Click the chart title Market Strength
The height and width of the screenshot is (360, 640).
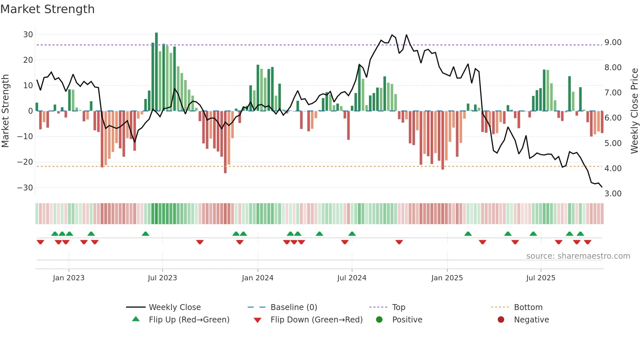coord(47,9)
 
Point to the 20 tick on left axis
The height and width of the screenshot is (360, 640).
coord(28,60)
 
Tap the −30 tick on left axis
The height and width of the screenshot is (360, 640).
coord(25,188)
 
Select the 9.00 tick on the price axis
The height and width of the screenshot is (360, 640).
coord(613,42)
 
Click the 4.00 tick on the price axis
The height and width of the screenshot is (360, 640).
coord(613,169)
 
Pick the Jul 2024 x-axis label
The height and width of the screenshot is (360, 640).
coord(352,278)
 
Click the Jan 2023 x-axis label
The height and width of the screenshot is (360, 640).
coord(69,278)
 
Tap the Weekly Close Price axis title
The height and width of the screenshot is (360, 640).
coord(634,111)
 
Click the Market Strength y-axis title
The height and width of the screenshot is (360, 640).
coord(5,111)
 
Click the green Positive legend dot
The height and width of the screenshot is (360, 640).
coord(379,320)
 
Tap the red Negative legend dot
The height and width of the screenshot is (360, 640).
coord(501,320)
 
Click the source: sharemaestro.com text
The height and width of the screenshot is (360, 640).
coord(578,256)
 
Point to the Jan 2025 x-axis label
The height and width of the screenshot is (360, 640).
coord(447,278)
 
